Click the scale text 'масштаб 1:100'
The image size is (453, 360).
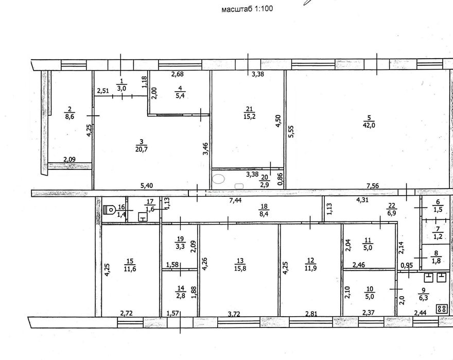coord(247,9)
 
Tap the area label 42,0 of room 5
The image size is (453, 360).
coord(369,125)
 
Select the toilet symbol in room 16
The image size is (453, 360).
coord(109,209)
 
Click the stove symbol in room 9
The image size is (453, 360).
coord(442,308)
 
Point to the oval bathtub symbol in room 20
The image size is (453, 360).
coord(218,179)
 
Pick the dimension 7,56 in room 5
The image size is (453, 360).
coord(372,186)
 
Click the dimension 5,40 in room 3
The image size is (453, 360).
coord(147,185)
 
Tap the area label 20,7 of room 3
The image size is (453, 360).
coord(141,149)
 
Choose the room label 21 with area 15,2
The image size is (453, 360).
coord(249,109)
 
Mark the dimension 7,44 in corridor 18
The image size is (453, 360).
coord(234,200)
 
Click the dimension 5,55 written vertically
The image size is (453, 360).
coord(291,131)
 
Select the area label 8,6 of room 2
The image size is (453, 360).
coord(69,116)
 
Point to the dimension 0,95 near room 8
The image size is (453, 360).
coord(407,265)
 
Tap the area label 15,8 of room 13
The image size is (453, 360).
coord(240,268)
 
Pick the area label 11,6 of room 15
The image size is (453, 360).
coord(130,269)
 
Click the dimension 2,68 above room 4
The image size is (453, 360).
coord(178,74)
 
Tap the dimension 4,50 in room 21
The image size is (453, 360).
coord(278,122)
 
